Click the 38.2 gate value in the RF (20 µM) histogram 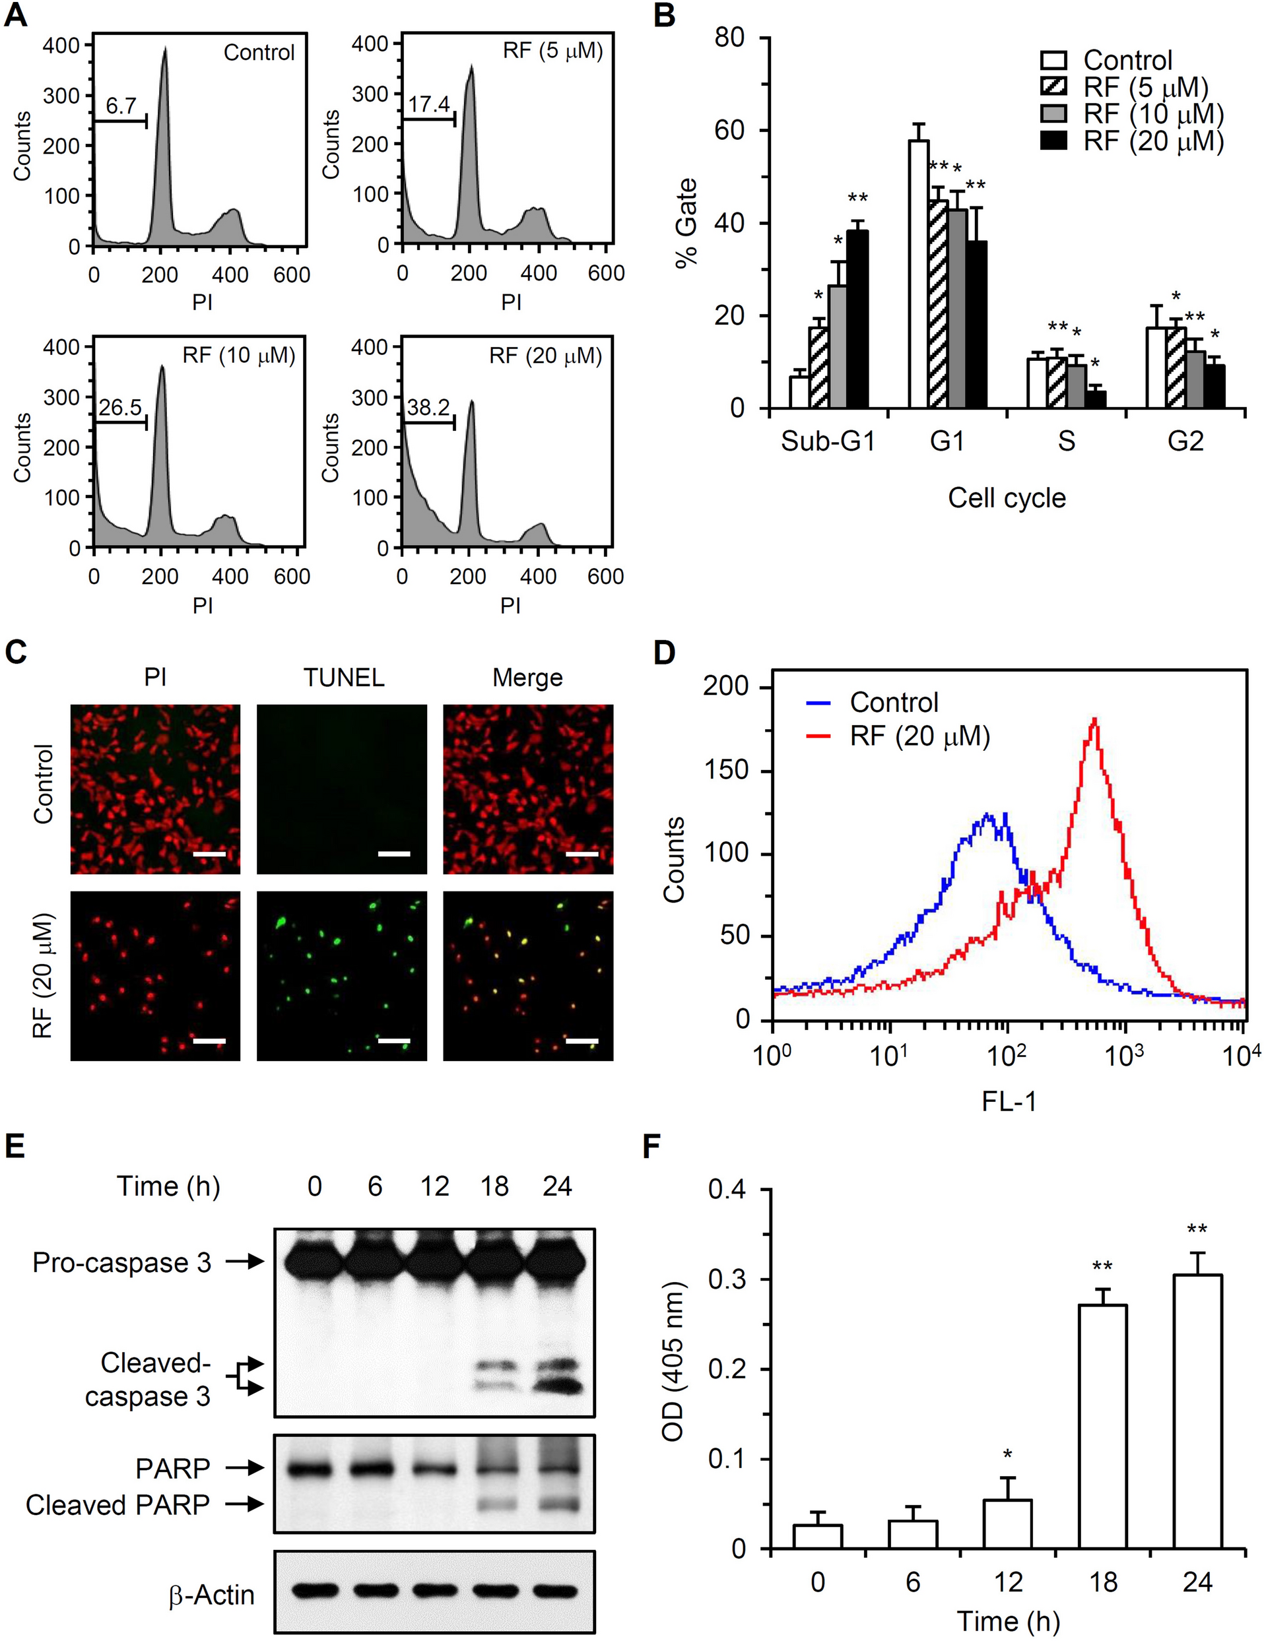coord(428,408)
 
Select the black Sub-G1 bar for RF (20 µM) coord(857,319)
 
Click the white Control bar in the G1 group coord(917,274)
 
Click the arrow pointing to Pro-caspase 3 coord(246,1262)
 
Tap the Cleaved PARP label coord(118,1505)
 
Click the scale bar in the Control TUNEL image coord(394,854)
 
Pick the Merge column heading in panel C coord(527,678)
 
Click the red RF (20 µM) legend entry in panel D coord(919,736)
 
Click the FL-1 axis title coord(1009,1101)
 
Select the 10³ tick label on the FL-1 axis coord(1124,1056)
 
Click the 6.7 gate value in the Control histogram coord(120,106)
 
